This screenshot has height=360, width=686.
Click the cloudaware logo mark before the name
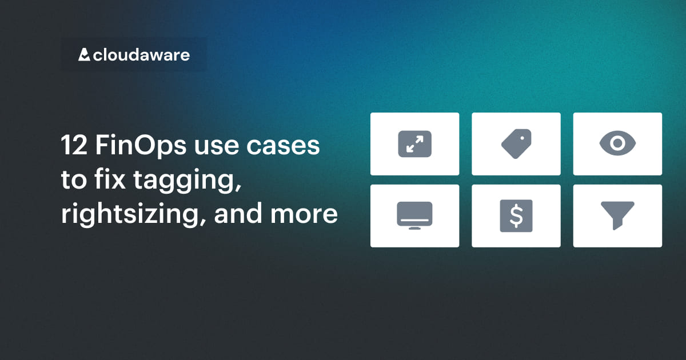click(85, 55)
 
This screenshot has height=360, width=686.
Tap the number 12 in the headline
click(73, 146)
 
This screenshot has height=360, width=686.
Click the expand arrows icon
click(414, 144)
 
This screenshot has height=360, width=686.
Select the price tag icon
click(516, 144)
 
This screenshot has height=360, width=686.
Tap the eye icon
click(617, 144)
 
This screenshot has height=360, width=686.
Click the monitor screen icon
click(414, 215)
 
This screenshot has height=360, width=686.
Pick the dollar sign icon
click(516, 215)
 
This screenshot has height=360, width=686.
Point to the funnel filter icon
click(617, 215)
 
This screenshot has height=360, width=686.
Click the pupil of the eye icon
click(617, 144)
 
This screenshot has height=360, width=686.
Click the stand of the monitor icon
click(414, 228)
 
